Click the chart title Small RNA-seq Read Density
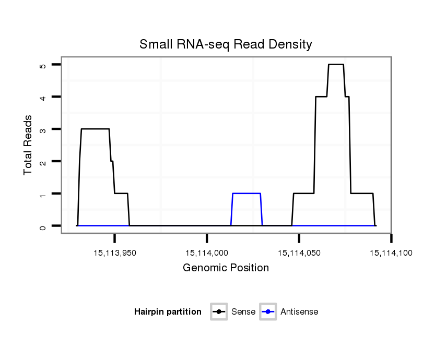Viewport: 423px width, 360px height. [x=226, y=44]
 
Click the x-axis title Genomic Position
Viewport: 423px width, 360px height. [x=226, y=268]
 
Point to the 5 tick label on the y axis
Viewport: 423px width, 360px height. [x=43, y=65]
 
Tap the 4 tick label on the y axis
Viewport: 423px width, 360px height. [x=43, y=97]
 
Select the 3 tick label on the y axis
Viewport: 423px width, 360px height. [x=43, y=129]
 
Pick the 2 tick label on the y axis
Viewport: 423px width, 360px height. [x=43, y=162]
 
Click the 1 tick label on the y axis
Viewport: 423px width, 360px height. [x=43, y=194]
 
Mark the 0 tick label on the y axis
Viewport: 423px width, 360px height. [x=43, y=226]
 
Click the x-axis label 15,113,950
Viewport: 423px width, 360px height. [x=115, y=253]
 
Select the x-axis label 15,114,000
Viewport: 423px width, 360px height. [x=207, y=253]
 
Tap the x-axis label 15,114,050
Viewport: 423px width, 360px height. [x=299, y=253]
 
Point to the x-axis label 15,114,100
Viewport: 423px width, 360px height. [x=391, y=253]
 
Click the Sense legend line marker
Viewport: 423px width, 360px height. [x=219, y=312]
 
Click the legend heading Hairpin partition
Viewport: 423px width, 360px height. [x=168, y=312]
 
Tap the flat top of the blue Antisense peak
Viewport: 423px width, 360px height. [x=246, y=194]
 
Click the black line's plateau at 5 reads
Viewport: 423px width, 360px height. [x=336, y=64]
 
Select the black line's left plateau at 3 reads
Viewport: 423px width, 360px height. [x=95, y=129]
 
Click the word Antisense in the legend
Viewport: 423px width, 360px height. [x=299, y=312]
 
